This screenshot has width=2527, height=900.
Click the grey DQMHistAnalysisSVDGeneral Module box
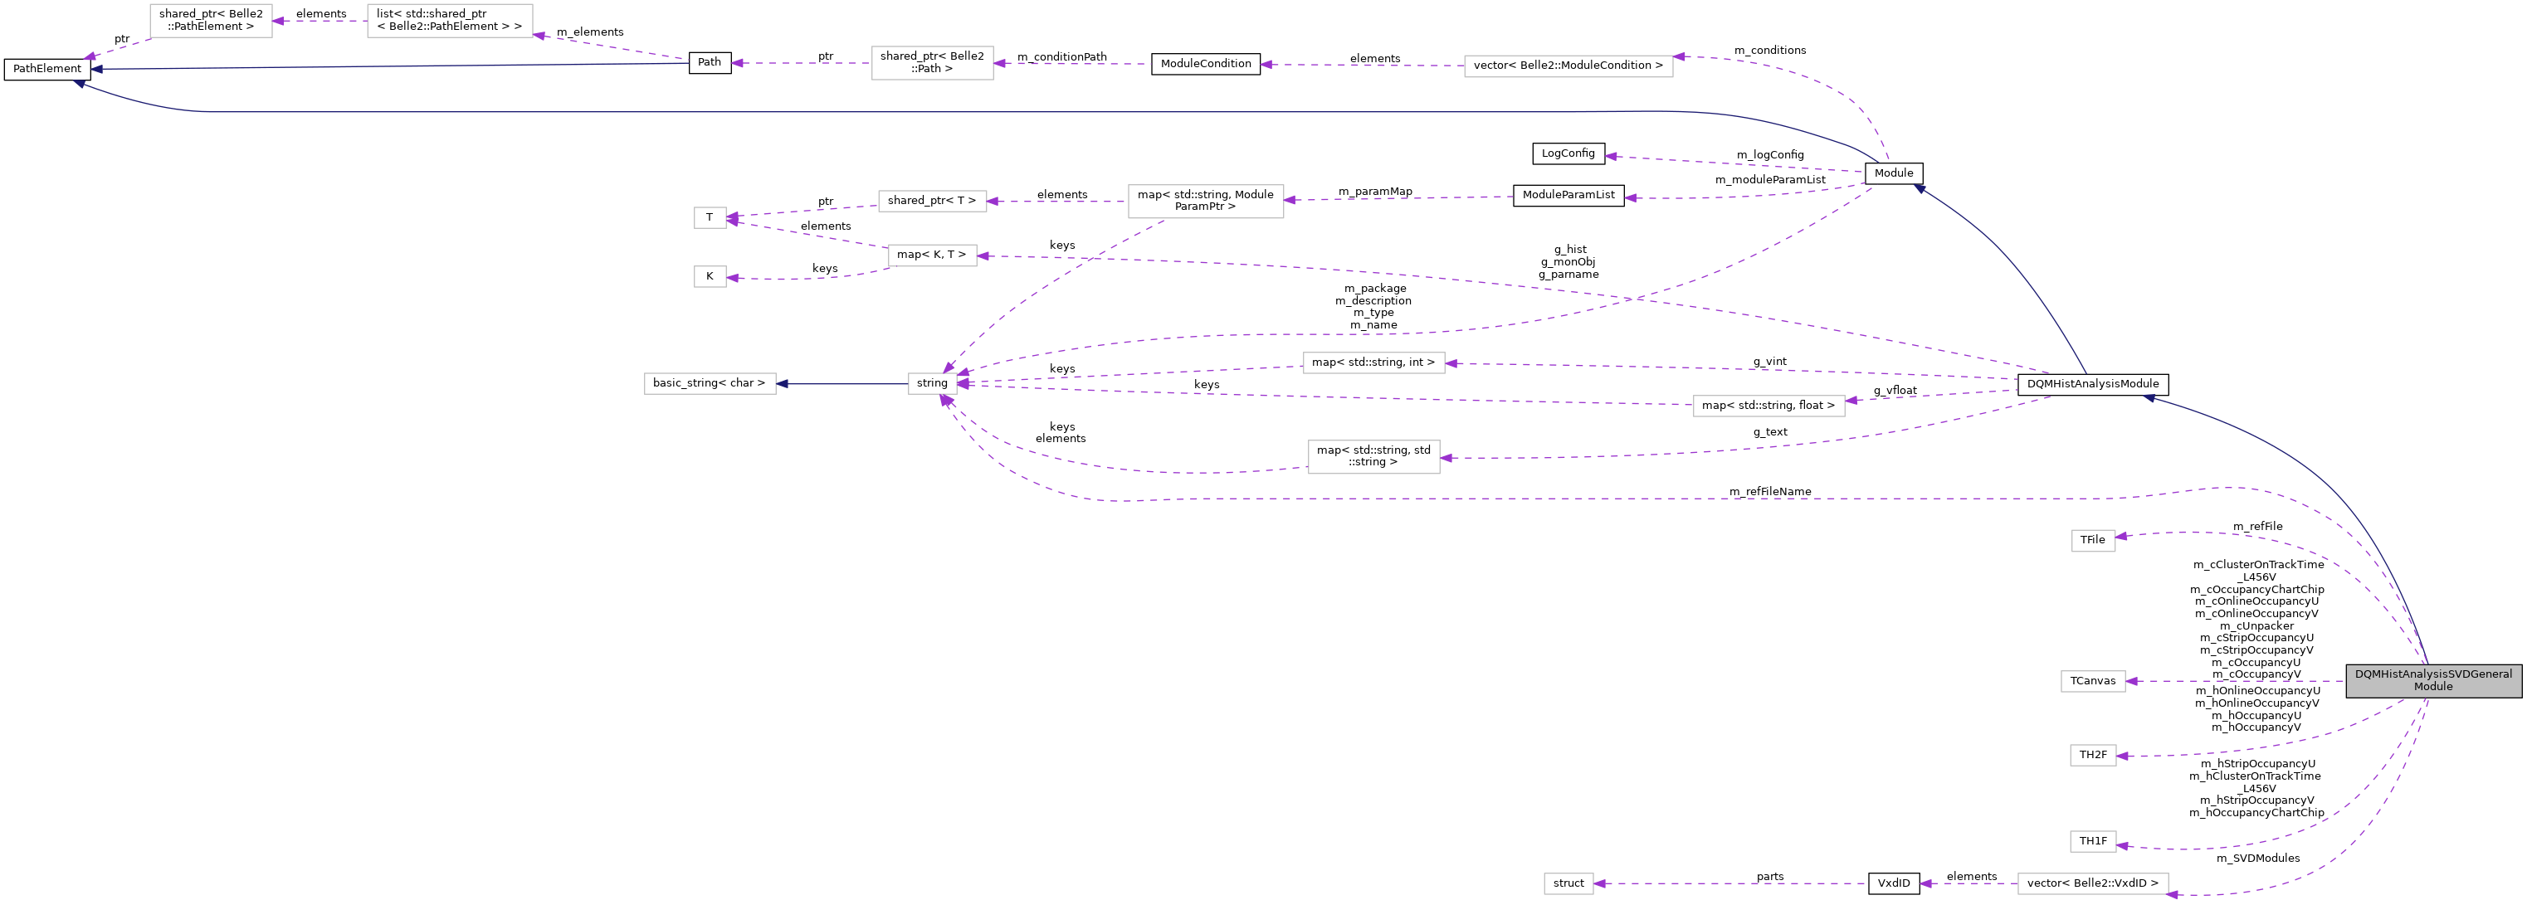(2433, 680)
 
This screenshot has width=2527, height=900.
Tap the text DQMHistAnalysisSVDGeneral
(2433, 674)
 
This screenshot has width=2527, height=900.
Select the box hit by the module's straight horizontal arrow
(2092, 681)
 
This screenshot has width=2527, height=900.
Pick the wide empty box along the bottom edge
(2092, 884)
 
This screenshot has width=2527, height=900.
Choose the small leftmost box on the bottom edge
(1568, 884)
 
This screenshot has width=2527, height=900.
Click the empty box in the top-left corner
(211, 21)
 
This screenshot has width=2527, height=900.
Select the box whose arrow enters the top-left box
(449, 21)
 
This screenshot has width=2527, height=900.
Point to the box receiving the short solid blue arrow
(710, 384)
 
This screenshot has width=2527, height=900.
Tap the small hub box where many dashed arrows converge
(932, 384)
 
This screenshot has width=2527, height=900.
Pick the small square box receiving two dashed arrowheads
(710, 217)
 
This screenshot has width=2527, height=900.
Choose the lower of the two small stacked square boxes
(710, 277)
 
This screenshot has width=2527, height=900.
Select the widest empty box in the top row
(1568, 66)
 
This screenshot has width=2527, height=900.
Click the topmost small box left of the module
(2092, 541)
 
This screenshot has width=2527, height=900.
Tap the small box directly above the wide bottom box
(2092, 841)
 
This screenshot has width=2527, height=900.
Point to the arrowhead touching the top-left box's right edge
(279, 21)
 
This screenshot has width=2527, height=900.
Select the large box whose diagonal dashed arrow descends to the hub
(1206, 201)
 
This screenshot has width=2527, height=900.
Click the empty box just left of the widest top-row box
(932, 63)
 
